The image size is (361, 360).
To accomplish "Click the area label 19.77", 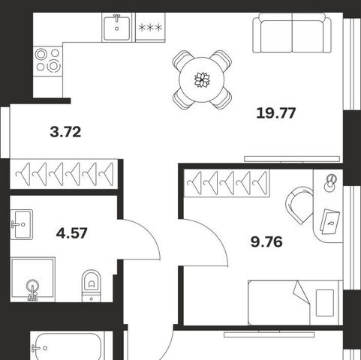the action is [276, 113].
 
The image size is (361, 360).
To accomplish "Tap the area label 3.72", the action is [65, 132].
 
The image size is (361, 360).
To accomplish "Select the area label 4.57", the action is [72, 233].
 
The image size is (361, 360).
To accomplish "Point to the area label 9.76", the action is [266, 242].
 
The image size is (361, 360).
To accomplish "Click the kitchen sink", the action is [116, 28].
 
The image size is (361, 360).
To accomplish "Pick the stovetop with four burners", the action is [47, 61].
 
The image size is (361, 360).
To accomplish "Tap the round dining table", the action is [202, 79].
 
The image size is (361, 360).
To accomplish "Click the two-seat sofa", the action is [292, 33].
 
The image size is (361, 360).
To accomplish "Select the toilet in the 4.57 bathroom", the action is [92, 286].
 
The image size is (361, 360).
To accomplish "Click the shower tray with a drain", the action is [33, 280].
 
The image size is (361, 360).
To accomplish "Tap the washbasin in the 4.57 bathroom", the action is [22, 224].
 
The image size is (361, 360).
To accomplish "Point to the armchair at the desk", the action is [299, 205].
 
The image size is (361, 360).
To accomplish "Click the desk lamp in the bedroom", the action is [330, 183].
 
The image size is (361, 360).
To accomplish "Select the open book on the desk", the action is [329, 221].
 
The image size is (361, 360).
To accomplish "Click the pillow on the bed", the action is [325, 303].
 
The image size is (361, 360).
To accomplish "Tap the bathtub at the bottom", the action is [68, 346].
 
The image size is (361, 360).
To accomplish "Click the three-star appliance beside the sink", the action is [150, 28].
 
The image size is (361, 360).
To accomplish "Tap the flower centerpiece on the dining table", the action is [202, 79].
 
